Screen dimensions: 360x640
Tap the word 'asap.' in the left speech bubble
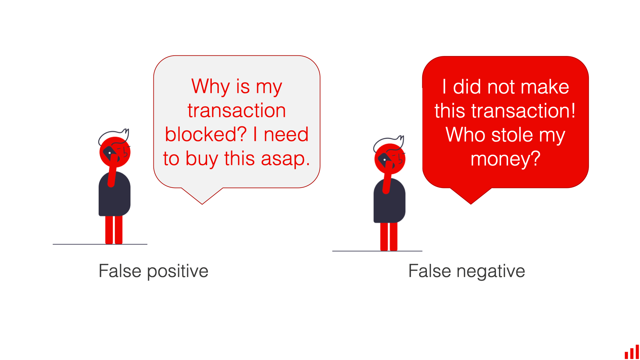pyautogui.click(x=285, y=159)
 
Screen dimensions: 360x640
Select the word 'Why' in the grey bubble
pyautogui.click(x=210, y=86)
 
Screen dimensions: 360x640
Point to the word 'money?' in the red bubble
pyautogui.click(x=505, y=159)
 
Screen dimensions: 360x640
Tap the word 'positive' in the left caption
pyautogui.click(x=177, y=271)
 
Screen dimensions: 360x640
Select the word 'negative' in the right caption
pyautogui.click(x=491, y=271)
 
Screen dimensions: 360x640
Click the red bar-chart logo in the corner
pyautogui.click(x=632, y=352)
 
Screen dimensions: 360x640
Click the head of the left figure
pyautogui.click(x=115, y=152)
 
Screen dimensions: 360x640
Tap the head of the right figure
pyautogui.click(x=390, y=159)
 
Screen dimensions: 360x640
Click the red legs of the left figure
pyautogui.click(x=114, y=230)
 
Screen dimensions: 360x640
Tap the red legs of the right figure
pyautogui.click(x=389, y=237)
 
